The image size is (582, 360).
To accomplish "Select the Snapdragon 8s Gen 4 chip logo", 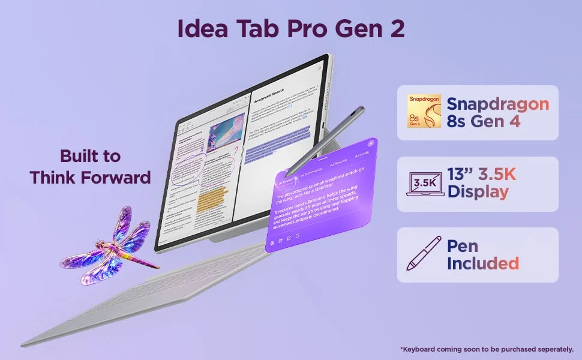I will coord(424,112).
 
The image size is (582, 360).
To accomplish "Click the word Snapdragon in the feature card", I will coord(498,103).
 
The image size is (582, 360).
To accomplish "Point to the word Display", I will coord(478,192).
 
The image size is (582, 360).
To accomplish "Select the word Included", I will coord(483,263).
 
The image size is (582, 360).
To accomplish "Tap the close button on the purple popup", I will coord(370,143).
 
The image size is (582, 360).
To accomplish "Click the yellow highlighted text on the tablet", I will coord(212,199).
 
